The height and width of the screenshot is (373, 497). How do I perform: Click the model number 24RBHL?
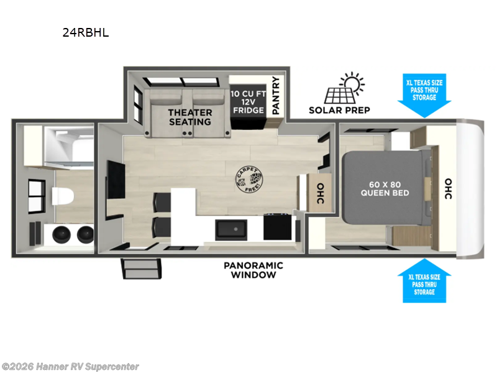(x=86, y=33)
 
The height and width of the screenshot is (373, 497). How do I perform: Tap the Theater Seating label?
(x=191, y=117)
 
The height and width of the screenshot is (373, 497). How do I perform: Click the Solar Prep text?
(x=339, y=110)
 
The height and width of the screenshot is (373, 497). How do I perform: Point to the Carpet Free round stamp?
(x=252, y=179)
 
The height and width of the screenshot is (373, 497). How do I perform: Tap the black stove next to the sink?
(x=277, y=228)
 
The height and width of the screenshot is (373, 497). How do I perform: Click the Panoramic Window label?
(x=253, y=270)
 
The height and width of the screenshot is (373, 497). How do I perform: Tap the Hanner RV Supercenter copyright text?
(x=70, y=367)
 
